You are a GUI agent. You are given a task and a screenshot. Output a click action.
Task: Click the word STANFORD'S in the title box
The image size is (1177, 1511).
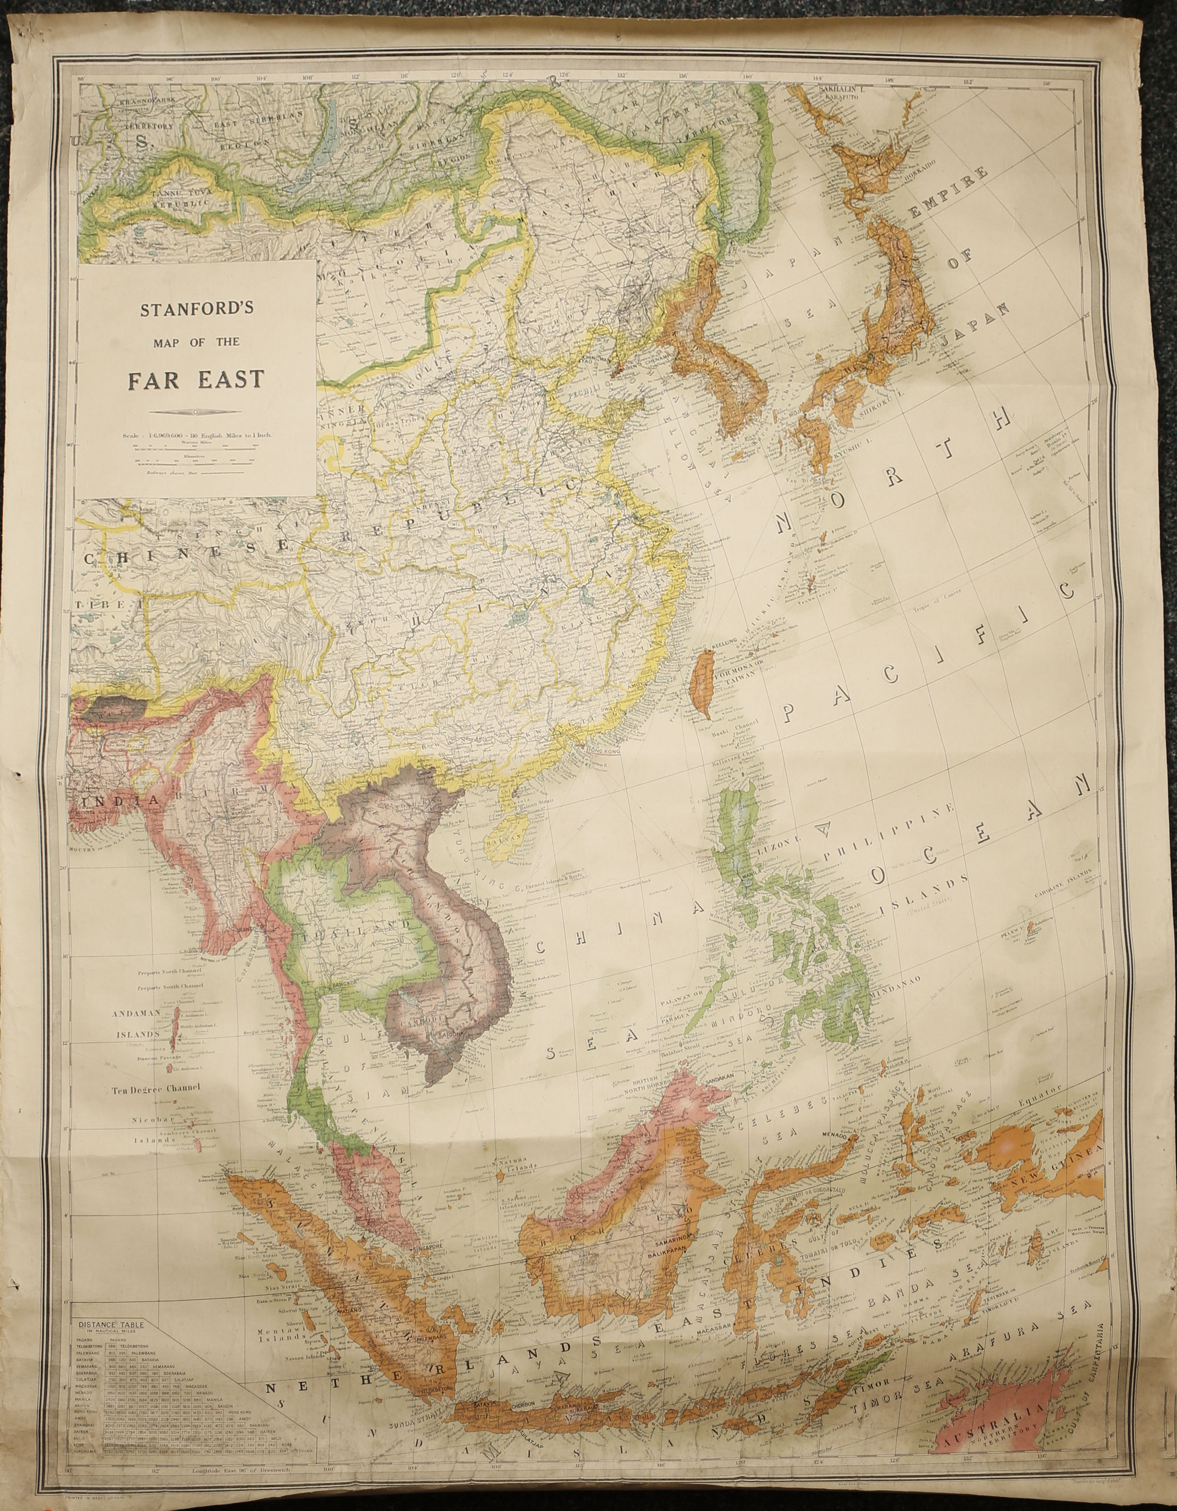(x=197, y=309)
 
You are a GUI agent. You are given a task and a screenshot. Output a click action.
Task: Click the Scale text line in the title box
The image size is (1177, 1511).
(x=197, y=435)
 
